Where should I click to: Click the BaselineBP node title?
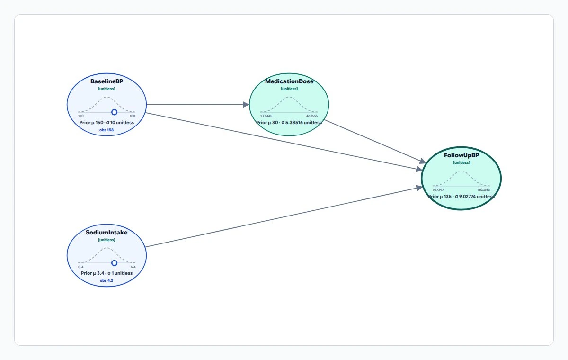[x=106, y=81]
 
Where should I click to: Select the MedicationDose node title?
[x=289, y=81]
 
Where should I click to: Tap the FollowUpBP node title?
[x=461, y=155]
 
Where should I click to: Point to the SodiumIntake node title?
[x=106, y=233]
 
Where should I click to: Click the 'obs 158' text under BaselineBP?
[x=106, y=130]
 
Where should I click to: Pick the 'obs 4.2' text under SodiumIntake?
[x=106, y=280]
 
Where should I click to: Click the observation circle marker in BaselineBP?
[x=115, y=112]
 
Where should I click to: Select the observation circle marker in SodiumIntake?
[x=115, y=263]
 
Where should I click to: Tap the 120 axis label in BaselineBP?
[x=81, y=116]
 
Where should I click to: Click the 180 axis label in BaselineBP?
[x=133, y=116]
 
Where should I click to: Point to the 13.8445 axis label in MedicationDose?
[x=266, y=116]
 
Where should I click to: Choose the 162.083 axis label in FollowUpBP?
[x=484, y=190]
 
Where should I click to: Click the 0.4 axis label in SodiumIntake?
[x=81, y=267]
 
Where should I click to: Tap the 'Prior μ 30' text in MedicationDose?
[x=267, y=123]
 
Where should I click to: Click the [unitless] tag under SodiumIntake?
[x=106, y=240]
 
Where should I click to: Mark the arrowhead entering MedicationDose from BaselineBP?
[x=246, y=105]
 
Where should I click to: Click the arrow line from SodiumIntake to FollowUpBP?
[x=284, y=217]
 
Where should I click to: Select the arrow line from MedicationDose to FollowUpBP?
[x=375, y=142]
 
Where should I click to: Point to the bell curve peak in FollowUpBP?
[x=461, y=171]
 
